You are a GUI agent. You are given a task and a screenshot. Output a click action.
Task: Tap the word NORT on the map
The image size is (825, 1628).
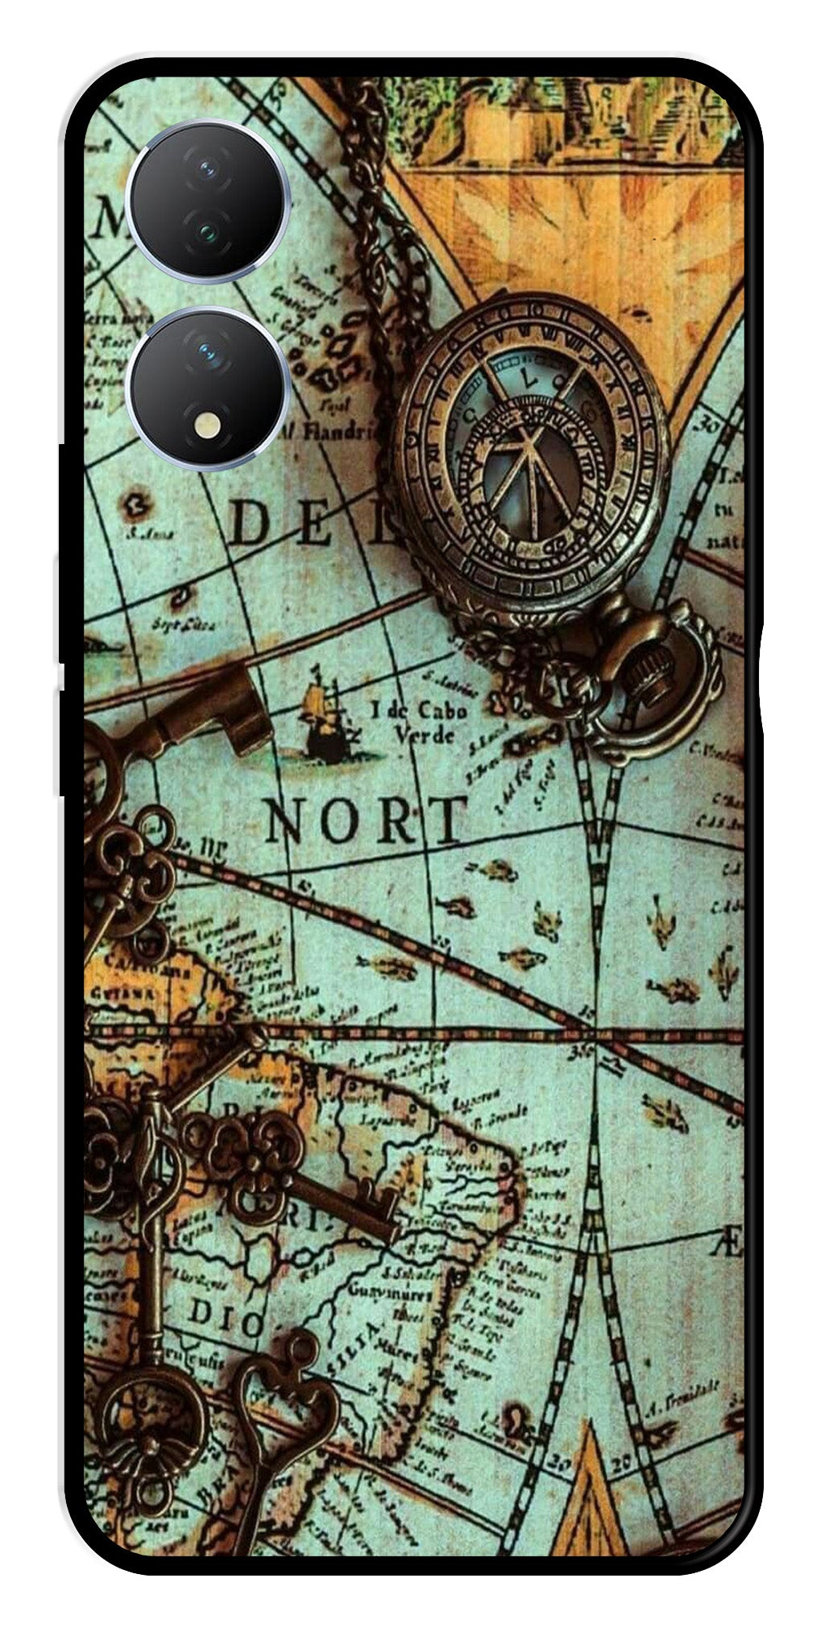pos(367,820)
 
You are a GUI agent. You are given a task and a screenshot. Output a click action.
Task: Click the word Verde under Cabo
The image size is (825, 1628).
pos(425,735)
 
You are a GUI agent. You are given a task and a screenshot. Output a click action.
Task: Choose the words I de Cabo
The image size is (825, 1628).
pos(418,710)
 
